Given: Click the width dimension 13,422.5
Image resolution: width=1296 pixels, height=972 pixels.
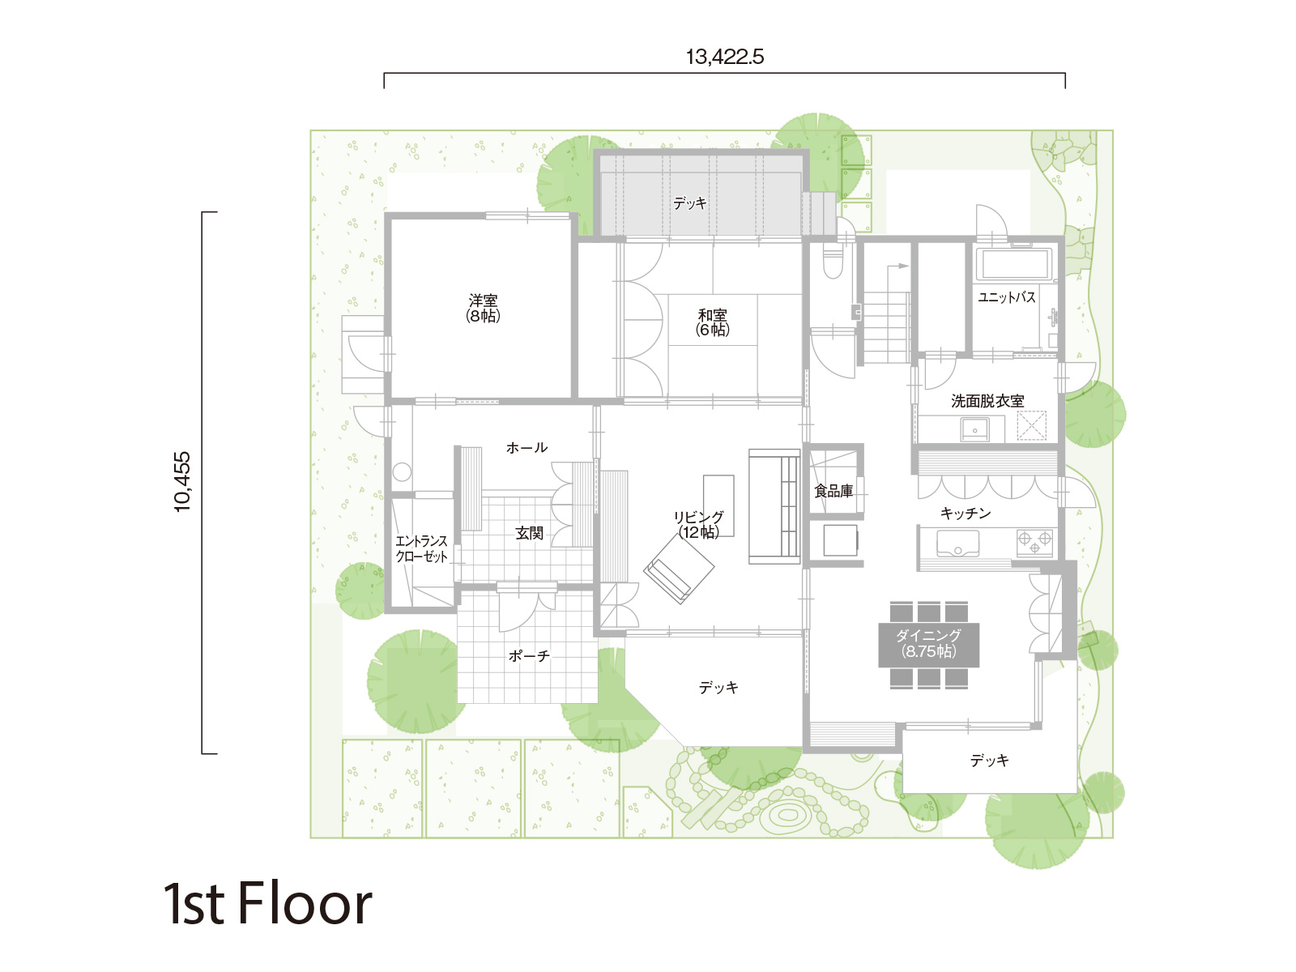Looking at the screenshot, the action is [724, 58].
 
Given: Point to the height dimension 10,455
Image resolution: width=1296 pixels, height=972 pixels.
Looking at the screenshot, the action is [182, 482].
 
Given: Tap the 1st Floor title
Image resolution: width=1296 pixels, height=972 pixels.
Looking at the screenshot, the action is [267, 903].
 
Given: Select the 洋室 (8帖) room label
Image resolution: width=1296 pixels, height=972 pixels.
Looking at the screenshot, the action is [483, 308].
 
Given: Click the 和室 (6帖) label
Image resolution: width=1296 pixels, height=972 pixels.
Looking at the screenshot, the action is [712, 322].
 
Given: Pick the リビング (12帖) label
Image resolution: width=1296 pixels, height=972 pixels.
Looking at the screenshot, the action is [698, 525].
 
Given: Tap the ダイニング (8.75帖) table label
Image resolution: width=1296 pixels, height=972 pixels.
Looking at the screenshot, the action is [928, 643].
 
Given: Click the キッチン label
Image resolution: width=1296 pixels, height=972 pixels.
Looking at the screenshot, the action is [966, 514].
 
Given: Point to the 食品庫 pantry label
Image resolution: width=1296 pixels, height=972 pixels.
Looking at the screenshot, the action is [833, 490].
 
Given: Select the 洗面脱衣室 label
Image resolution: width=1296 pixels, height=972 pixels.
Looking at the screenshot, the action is [987, 401].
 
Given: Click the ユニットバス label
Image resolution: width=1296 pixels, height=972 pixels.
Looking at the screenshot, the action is [1007, 297].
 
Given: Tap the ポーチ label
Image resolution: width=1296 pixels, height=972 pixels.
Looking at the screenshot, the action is [529, 655].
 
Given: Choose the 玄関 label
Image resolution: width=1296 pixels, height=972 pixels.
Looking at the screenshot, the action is [529, 533].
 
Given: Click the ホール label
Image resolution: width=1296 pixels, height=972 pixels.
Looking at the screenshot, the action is [526, 447].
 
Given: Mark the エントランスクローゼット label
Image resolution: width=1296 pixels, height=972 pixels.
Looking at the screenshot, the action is [421, 549].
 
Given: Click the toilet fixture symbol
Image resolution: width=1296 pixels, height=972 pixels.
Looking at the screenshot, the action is [833, 262].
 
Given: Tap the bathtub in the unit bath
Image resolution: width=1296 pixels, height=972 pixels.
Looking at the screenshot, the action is [1014, 263].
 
